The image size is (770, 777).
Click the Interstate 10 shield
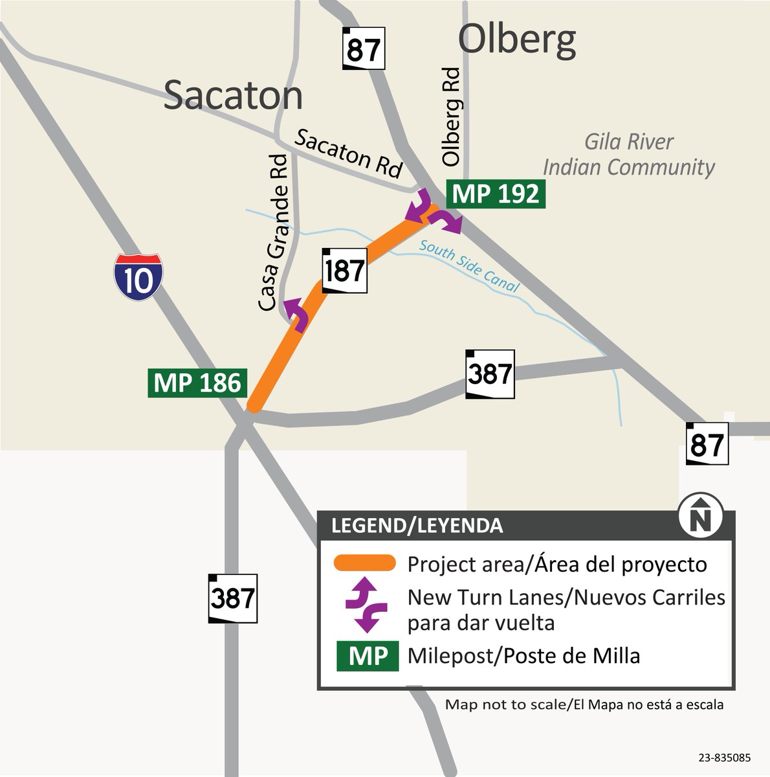tap(138, 276)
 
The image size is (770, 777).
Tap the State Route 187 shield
tap(345, 270)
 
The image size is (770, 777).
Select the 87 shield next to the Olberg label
tap(363, 49)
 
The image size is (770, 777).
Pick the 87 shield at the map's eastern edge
tap(707, 444)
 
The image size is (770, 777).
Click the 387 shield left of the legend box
tap(232, 598)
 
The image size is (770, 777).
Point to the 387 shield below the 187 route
tap(490, 374)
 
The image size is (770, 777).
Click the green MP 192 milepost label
tap(496, 194)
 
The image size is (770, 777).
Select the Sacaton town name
tap(233, 96)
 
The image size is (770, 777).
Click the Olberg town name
tap(517, 40)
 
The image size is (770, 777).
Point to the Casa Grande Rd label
tap(273, 233)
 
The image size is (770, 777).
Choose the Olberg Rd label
tap(451, 117)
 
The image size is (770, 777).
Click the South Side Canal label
tap(469, 266)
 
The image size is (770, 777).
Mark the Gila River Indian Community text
tap(628, 154)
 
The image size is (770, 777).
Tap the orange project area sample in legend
tap(364, 563)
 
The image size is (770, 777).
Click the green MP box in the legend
tap(367, 657)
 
